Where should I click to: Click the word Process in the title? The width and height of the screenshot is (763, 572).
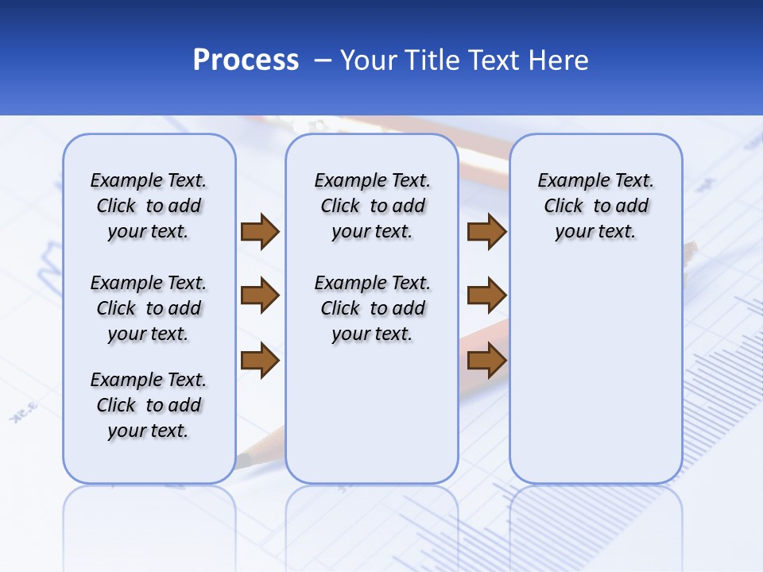tap(246, 60)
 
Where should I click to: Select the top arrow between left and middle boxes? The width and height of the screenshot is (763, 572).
tap(260, 231)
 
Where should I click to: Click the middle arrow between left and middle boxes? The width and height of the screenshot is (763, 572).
tap(260, 296)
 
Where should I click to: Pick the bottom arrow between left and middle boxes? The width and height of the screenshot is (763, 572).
tap(260, 361)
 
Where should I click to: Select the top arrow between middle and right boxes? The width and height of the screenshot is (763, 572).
tap(486, 231)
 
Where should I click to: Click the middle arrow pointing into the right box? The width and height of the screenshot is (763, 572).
tap(486, 296)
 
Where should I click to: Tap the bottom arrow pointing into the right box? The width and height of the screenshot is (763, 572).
tap(486, 361)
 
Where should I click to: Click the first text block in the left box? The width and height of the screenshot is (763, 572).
tap(149, 206)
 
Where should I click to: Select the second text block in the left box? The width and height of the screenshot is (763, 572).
tap(149, 308)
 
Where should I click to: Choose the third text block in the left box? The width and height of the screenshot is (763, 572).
tap(149, 405)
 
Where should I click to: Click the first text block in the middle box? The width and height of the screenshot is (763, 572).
tap(372, 206)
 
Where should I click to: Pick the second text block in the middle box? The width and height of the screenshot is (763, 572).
tap(372, 308)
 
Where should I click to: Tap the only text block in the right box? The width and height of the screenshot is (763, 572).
tap(595, 206)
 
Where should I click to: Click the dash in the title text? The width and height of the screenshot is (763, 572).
tap(323, 61)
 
